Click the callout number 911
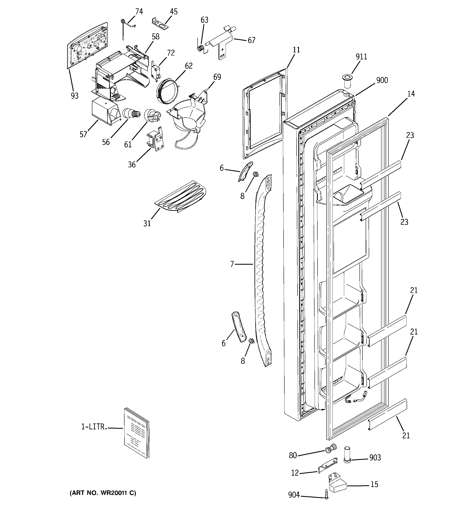tap(361, 57)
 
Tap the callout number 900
tap(382, 80)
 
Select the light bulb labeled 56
tap(131, 113)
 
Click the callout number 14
tap(411, 94)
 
